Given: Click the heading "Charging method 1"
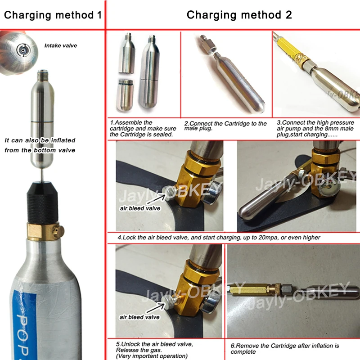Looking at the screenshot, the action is tap(53, 15).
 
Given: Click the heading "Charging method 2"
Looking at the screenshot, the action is tap(239, 15).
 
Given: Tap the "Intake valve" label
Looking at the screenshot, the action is tap(61, 46).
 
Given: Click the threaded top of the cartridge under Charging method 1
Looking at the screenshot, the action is tap(42, 75).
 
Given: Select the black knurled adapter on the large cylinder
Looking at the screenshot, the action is tap(42, 202).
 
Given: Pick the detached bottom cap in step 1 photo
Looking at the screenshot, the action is tap(126, 95).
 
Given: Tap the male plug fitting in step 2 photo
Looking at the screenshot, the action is tap(207, 45).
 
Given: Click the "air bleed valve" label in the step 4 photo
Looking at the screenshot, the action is tap(140, 208).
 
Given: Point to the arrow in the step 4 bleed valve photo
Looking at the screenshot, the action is tap(156, 199).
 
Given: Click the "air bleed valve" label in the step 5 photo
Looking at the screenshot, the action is tap(139, 317).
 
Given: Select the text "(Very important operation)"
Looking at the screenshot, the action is tap(152, 356).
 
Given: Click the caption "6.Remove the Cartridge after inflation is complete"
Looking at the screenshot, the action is tap(285, 348).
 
